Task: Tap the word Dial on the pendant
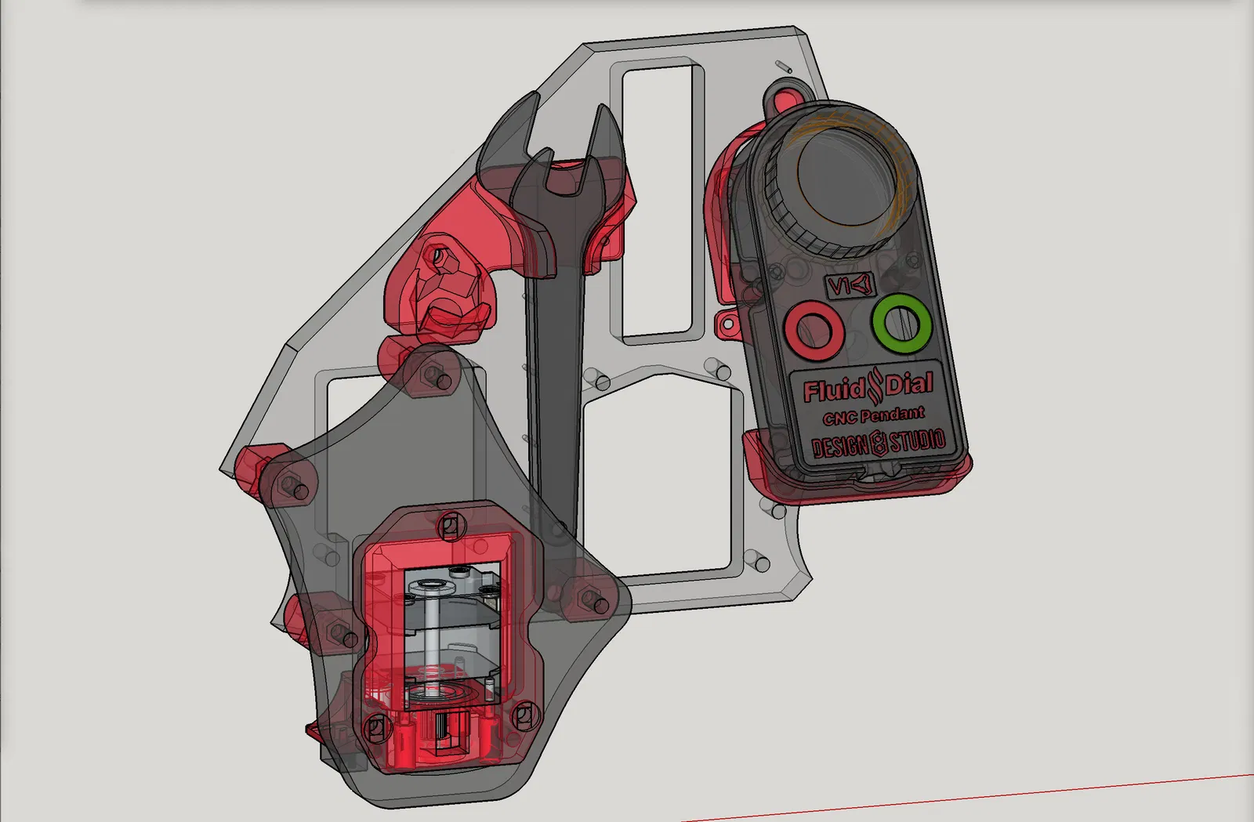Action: point(909,384)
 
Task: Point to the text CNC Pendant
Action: point(873,416)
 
